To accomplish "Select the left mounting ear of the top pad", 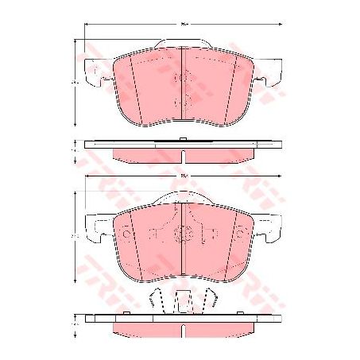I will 98,73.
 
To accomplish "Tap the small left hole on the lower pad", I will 152,235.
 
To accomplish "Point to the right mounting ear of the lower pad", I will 269,227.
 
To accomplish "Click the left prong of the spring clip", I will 157,300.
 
